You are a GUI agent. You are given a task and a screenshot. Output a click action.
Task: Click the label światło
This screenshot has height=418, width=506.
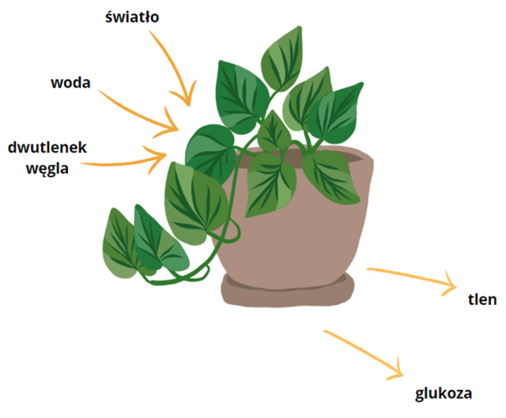point(132,18)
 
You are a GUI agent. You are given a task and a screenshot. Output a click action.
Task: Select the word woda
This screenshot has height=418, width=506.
point(70,82)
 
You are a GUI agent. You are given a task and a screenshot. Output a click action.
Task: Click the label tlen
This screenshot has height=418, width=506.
point(481,299)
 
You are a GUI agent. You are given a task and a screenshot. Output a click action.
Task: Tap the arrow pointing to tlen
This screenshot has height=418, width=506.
point(411,277)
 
